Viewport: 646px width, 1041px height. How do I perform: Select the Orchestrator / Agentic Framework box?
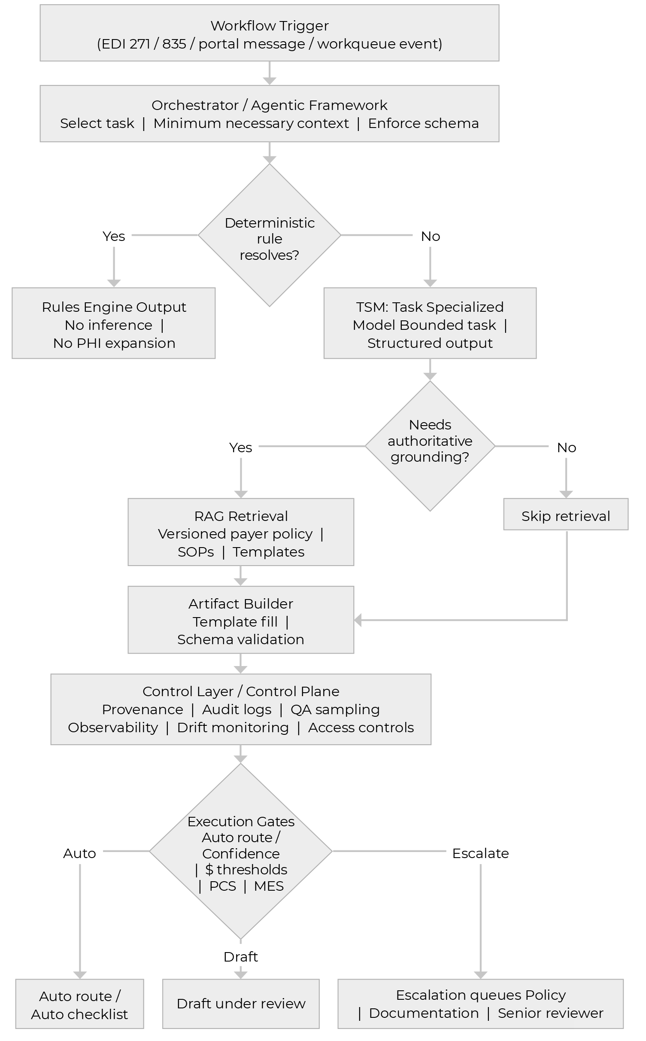[x=269, y=114]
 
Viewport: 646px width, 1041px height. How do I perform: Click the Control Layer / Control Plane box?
[x=240, y=709]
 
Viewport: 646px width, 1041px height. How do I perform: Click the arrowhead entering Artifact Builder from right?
[x=358, y=620]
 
